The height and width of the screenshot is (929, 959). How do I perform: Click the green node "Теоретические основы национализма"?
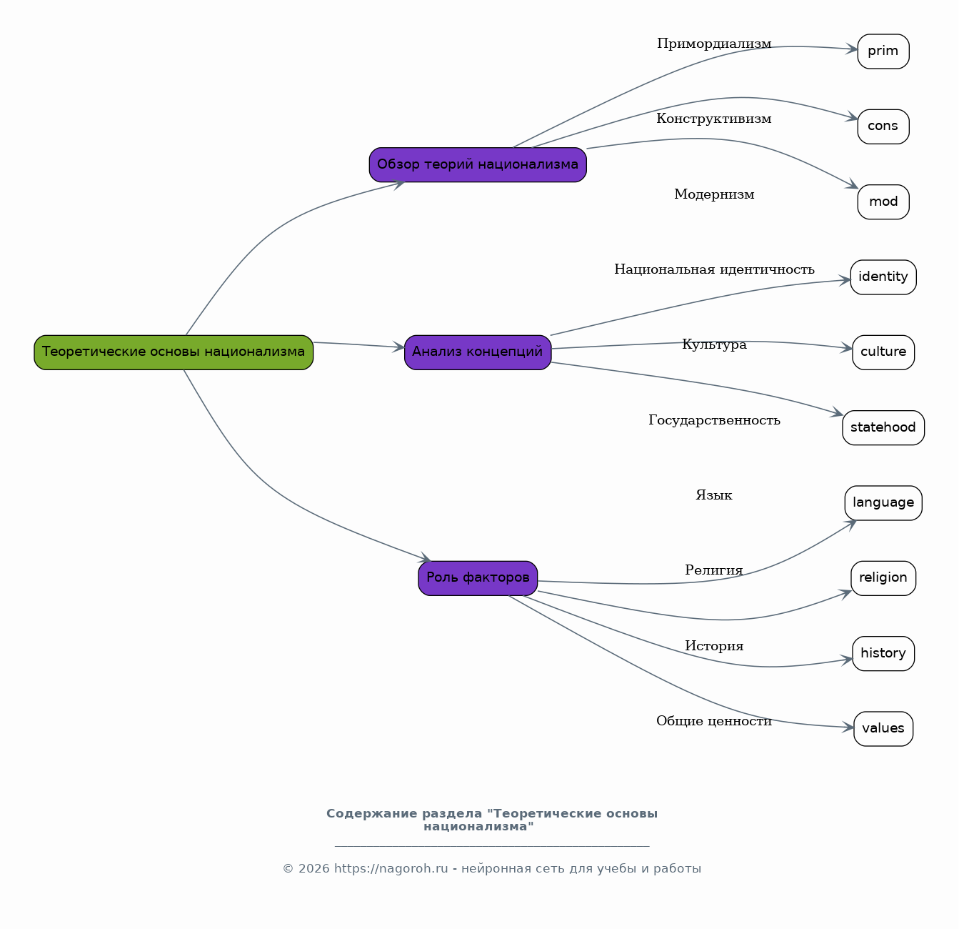click(174, 352)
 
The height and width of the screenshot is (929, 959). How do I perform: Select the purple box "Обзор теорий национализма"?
click(478, 164)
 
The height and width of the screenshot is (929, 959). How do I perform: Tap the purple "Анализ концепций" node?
click(478, 352)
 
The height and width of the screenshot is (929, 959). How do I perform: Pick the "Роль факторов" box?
click(478, 578)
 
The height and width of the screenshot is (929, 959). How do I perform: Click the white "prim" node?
click(883, 51)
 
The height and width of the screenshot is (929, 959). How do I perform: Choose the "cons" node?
click(883, 126)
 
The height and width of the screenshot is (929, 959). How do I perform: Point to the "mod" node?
click(883, 202)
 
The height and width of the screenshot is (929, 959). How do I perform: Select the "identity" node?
click(883, 277)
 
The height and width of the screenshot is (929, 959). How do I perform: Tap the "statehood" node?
click(883, 428)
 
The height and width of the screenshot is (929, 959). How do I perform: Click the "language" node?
click(883, 503)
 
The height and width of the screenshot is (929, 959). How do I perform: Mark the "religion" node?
click(883, 578)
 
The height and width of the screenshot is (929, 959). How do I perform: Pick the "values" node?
click(883, 729)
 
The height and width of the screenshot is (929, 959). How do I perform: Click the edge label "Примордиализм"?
click(714, 44)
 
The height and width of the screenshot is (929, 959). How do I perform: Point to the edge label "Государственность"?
click(714, 420)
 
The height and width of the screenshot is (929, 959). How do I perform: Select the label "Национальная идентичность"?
click(714, 269)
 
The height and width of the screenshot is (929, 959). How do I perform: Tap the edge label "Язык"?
click(714, 495)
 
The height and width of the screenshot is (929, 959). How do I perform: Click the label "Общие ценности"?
click(714, 722)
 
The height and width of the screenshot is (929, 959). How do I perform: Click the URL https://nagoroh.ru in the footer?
click(391, 868)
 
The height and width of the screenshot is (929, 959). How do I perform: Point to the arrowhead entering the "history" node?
click(847, 660)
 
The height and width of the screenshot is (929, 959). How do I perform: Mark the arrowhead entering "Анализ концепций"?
click(398, 347)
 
